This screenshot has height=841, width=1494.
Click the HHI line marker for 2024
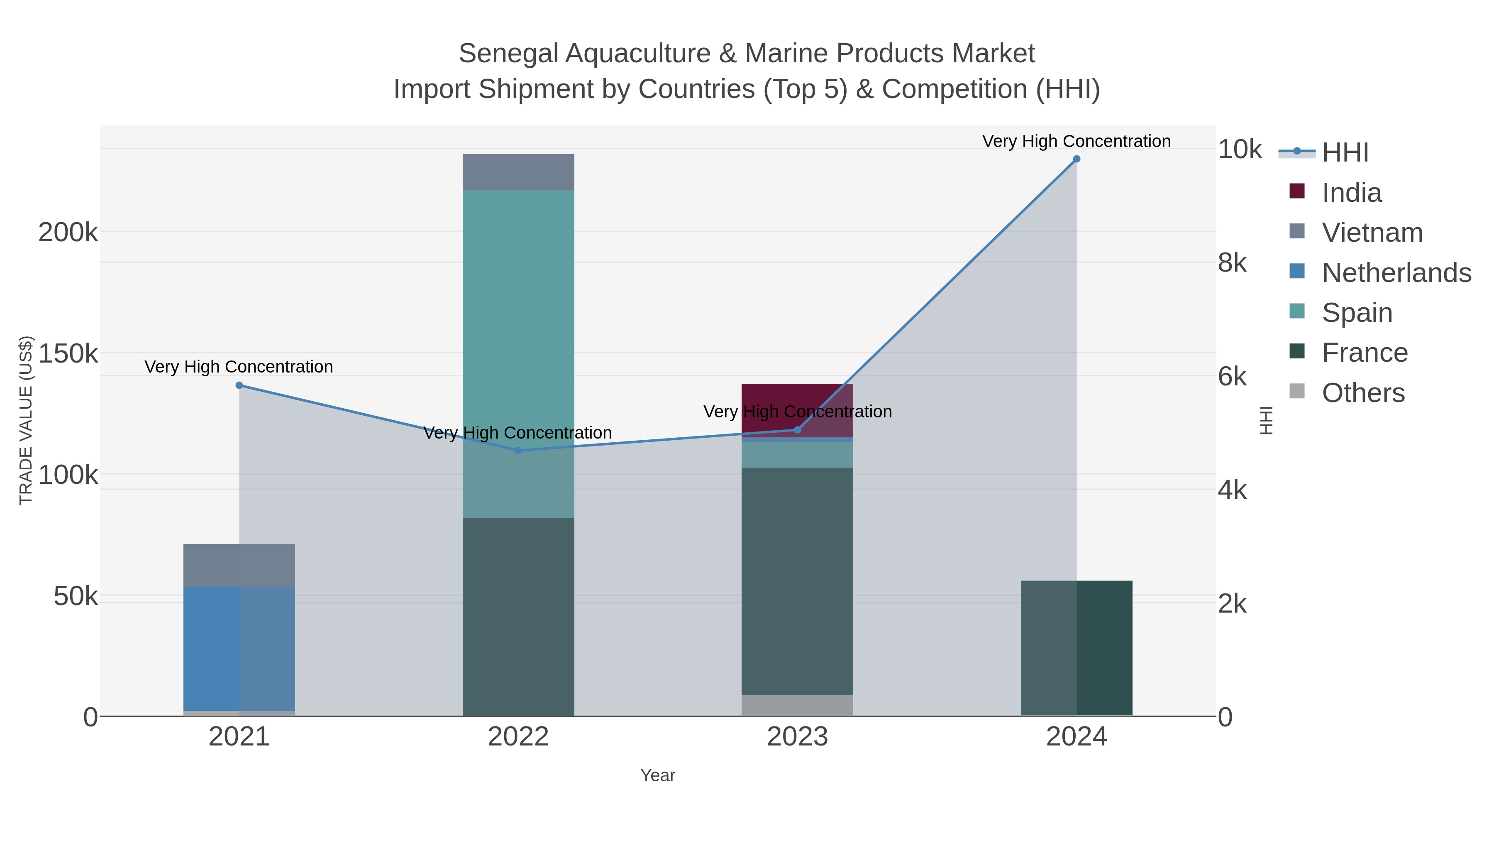coord(1077,159)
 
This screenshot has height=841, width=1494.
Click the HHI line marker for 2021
coord(239,385)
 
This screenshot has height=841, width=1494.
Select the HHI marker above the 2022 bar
coord(518,450)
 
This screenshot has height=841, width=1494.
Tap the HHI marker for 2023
coord(797,430)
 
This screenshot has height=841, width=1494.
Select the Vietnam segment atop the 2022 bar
coord(518,172)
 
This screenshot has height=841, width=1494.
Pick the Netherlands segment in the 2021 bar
coord(239,648)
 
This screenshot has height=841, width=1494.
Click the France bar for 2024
coord(1077,648)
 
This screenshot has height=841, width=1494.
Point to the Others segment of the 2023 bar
coord(797,705)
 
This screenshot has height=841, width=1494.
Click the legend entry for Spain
coord(1357,313)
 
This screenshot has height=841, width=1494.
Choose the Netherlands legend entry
coord(1396,273)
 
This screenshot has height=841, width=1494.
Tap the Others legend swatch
coord(1297,392)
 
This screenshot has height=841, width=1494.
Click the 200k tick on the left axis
coord(68,233)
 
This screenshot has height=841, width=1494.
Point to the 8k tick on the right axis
coord(1232,263)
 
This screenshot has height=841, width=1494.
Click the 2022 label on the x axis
coord(518,737)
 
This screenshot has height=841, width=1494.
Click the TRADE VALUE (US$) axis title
coord(26,420)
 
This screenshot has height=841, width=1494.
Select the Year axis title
coord(658,775)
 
